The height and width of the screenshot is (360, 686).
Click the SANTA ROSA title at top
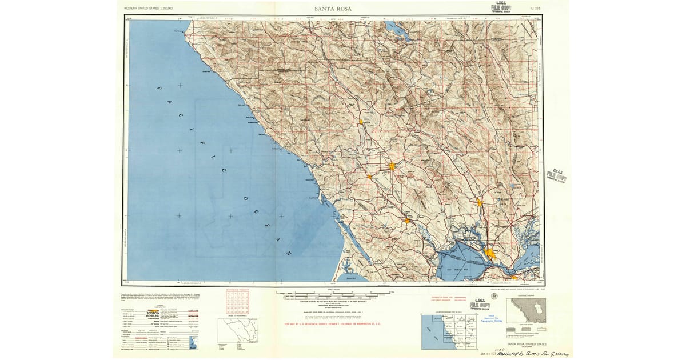tap(333, 9)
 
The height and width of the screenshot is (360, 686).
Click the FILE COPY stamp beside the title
tap(501, 7)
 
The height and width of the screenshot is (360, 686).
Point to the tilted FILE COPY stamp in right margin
tap(556, 175)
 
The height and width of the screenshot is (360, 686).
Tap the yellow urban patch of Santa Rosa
tap(393, 166)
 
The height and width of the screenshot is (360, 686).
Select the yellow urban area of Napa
tap(479, 202)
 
